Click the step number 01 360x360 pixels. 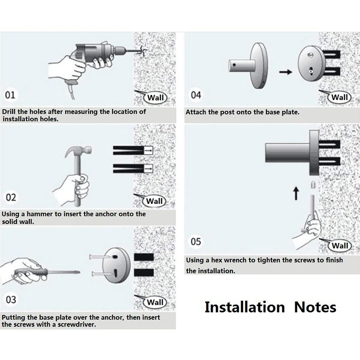(10, 95)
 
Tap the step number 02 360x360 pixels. (11, 198)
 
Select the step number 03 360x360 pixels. (11, 300)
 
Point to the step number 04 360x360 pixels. (196, 95)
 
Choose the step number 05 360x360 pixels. (196, 242)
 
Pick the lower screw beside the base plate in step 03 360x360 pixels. (103, 274)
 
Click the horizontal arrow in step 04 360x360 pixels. (285, 72)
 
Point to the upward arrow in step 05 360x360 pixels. (296, 193)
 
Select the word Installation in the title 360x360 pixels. (245, 307)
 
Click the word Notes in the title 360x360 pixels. (315, 307)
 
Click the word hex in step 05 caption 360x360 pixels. (217, 260)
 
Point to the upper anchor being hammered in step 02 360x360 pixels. (133, 150)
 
